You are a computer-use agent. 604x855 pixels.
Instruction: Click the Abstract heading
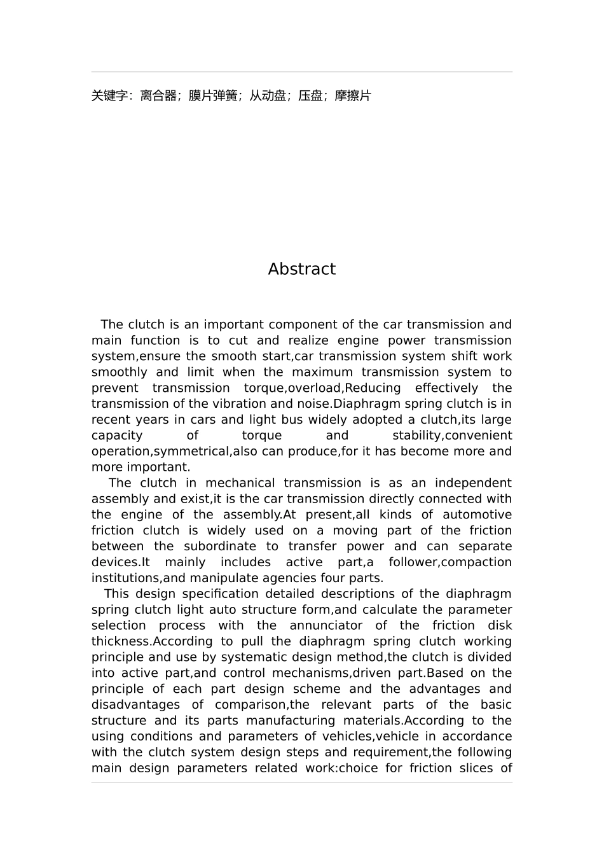click(301, 269)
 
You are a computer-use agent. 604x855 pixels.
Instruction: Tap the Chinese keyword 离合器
click(158, 96)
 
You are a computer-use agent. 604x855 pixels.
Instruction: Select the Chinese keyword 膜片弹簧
click(213, 96)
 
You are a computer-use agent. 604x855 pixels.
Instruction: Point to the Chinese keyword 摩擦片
click(353, 96)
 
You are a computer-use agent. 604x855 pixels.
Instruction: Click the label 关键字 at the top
click(109, 96)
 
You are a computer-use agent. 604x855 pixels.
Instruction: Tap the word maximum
click(322, 372)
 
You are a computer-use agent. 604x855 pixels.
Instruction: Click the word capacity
click(117, 436)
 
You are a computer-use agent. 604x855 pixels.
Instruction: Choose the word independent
click(473, 483)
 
